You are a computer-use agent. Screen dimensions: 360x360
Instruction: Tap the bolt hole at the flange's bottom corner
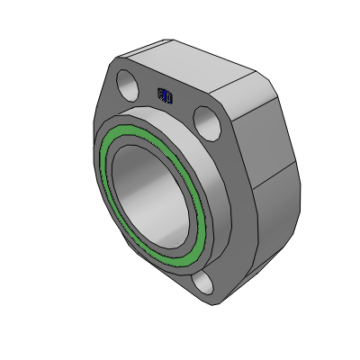[206, 283]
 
